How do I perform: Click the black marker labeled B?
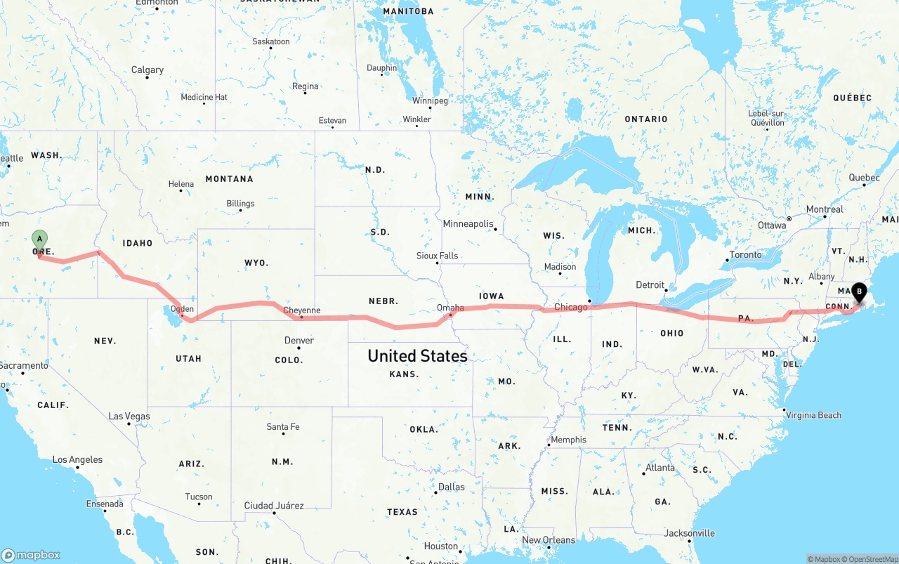(859, 291)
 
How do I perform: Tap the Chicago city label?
(570, 307)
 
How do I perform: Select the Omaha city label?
(450, 308)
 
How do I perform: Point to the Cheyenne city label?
(301, 310)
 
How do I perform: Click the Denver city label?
(299, 341)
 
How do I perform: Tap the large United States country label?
(417, 356)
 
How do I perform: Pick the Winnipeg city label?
(430, 100)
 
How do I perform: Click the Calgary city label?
(147, 70)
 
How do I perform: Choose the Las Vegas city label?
(129, 417)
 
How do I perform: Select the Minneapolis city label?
(468, 223)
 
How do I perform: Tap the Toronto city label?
(745, 254)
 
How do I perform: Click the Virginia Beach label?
(814, 415)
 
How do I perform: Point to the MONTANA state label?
(229, 179)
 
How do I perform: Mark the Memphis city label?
(568, 440)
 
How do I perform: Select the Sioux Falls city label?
(437, 256)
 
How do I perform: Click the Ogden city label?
(183, 309)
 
